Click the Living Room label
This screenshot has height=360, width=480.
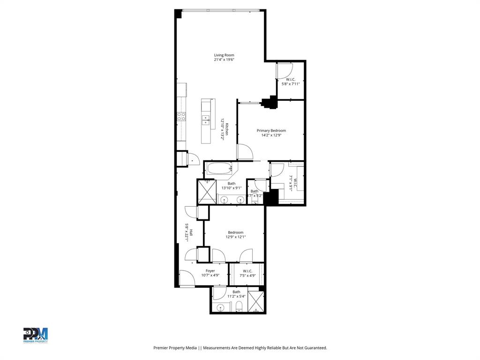224,55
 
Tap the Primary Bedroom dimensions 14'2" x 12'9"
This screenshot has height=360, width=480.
271,135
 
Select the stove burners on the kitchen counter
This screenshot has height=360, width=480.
181,116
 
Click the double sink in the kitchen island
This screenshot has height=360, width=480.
206,120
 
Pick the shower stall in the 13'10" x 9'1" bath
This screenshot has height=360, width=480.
206,192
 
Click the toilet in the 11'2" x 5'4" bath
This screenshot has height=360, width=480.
239,307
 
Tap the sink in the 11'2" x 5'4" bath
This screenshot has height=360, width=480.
221,308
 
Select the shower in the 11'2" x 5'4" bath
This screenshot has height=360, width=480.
256,302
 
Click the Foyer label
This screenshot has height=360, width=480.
210,271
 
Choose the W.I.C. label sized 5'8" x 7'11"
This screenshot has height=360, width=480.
291,80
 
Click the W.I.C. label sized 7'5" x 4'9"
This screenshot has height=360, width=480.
247,271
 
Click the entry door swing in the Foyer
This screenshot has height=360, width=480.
187,279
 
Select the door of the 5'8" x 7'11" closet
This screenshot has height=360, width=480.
283,71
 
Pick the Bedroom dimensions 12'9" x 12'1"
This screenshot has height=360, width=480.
235,237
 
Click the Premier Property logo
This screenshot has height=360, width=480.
36,335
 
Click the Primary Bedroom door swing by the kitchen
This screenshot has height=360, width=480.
245,152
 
